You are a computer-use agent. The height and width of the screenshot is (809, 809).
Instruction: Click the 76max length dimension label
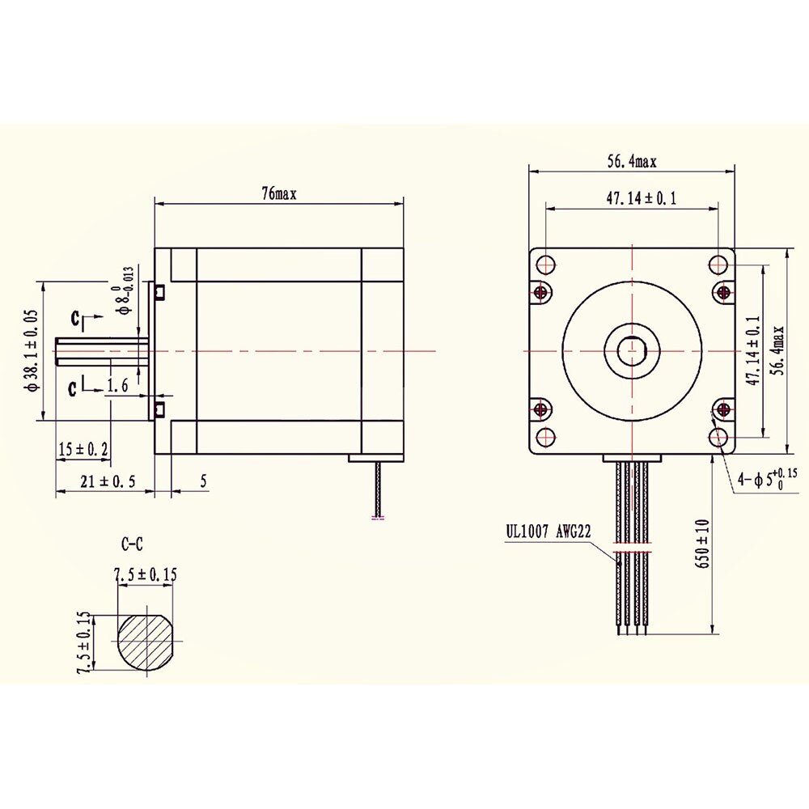279,194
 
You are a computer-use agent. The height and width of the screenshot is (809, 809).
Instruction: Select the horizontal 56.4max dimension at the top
633,162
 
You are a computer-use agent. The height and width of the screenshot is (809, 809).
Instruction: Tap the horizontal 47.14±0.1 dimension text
633,198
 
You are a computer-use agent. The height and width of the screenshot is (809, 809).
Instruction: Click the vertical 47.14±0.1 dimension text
752,351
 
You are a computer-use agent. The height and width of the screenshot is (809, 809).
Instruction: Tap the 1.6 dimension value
119,388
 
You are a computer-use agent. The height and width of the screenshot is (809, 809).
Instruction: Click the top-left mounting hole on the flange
544,264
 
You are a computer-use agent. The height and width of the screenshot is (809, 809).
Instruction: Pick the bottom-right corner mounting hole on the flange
719,438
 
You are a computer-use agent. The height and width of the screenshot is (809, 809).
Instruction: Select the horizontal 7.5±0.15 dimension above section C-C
146,575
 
